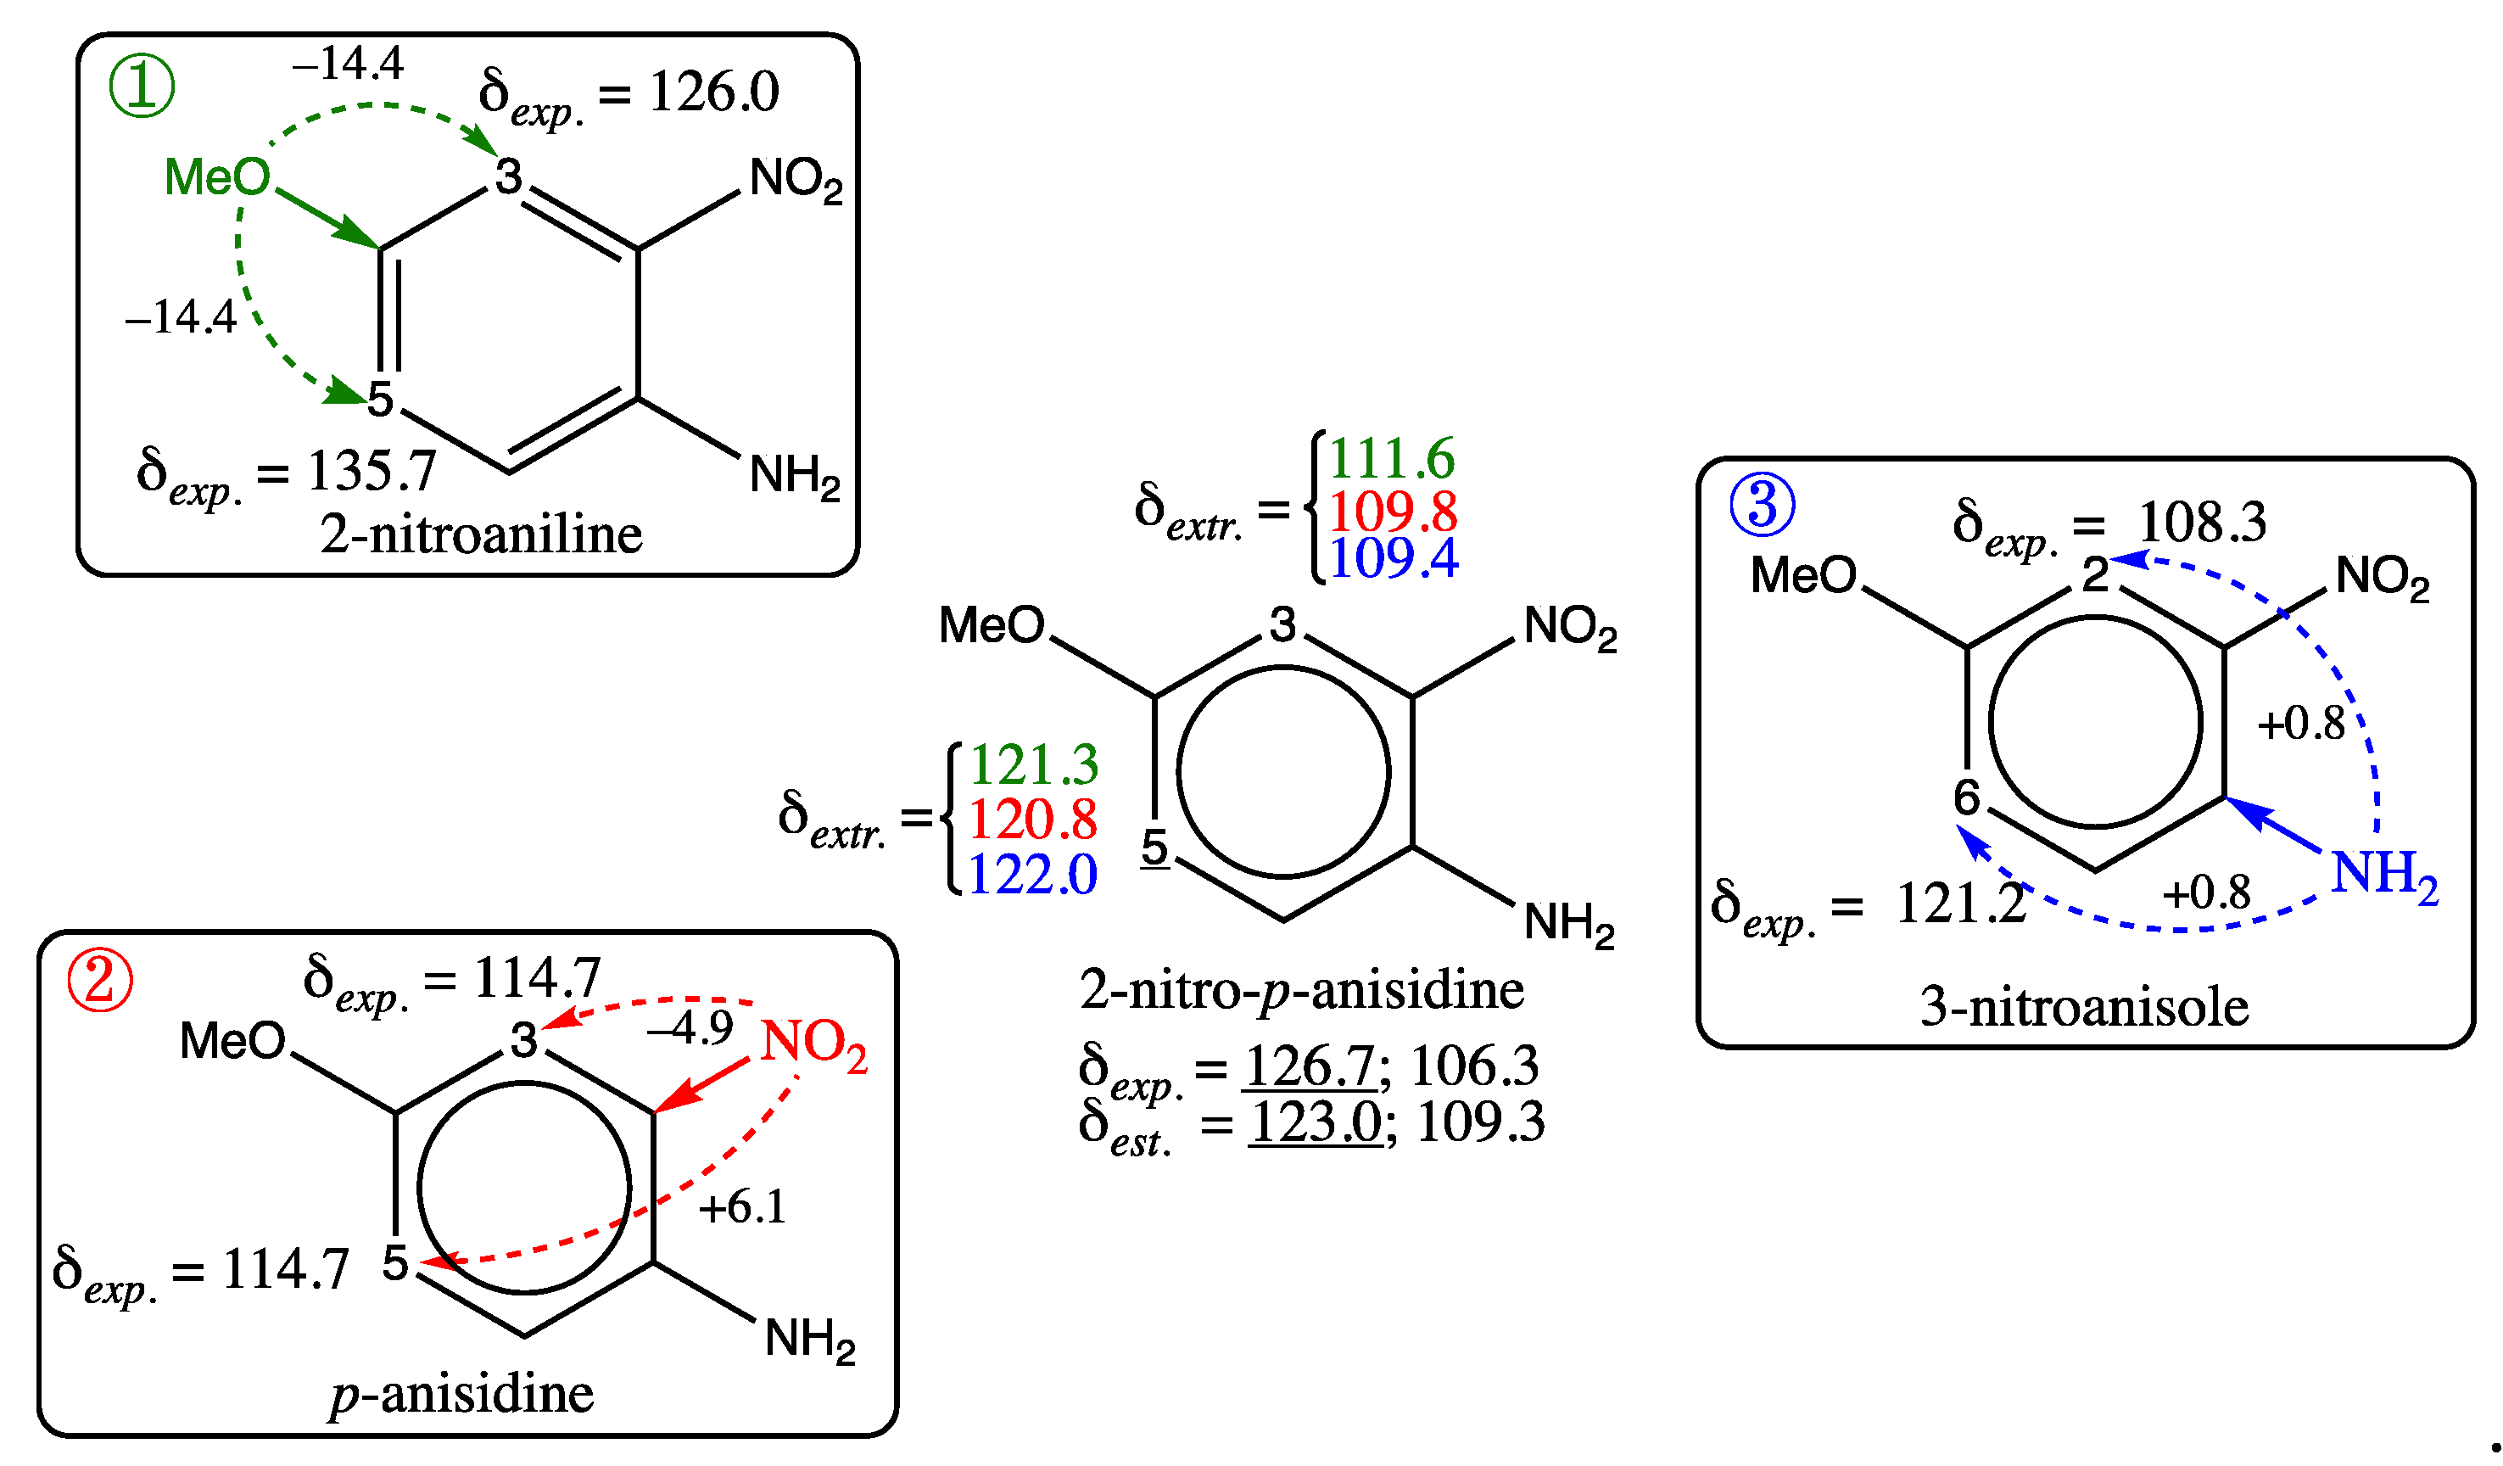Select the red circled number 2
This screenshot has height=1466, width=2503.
100,981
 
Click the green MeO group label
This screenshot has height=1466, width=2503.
217,178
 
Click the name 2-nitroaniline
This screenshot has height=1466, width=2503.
481,535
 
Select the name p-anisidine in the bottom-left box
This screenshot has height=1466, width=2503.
462,1394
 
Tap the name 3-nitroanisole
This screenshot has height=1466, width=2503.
2084,1007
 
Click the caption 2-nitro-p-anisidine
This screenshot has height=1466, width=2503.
1301,990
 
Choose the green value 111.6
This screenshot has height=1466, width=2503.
1392,459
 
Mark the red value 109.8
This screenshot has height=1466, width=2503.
1393,512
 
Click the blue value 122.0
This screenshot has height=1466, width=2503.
1032,875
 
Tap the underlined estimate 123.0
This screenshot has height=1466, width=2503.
1315,1122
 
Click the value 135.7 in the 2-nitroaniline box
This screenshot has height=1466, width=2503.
372,471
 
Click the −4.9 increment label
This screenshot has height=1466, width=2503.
690,1028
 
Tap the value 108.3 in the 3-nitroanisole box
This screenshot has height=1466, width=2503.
2202,523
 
